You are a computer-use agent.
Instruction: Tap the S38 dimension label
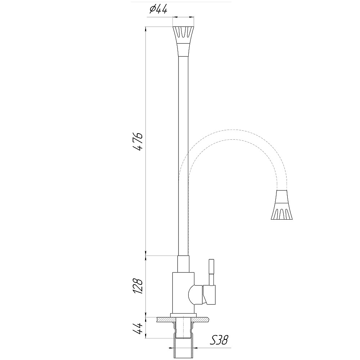tap(219, 340)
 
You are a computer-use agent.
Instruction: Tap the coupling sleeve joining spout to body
tap(184, 264)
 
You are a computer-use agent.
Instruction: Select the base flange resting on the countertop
tap(184, 315)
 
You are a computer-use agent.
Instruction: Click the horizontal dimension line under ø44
tap(184, 17)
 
